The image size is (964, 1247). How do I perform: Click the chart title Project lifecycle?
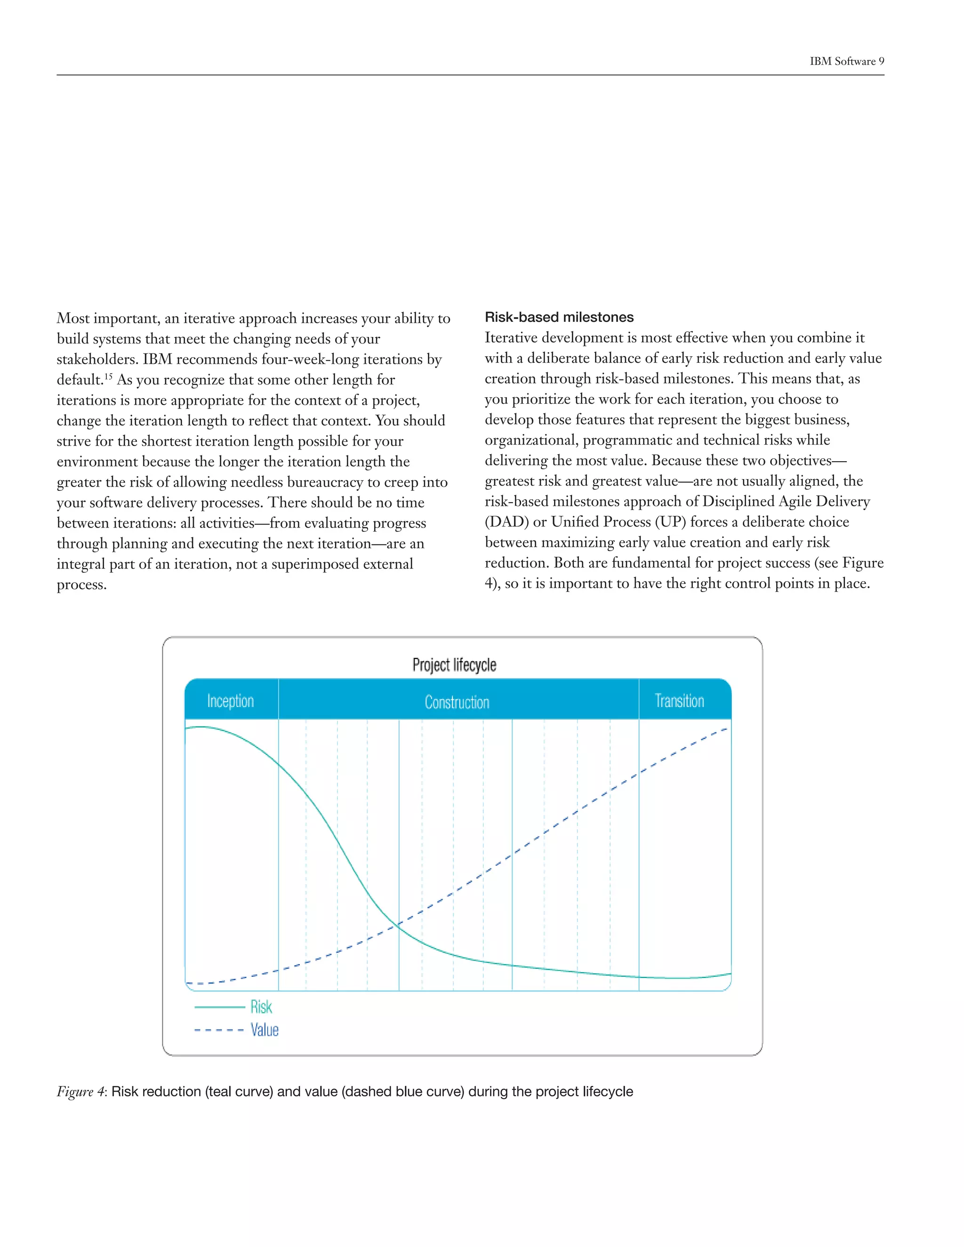point(454,664)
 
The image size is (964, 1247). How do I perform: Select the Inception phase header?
point(230,701)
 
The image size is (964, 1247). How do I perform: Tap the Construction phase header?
point(457,702)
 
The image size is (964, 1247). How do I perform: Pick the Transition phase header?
point(679,701)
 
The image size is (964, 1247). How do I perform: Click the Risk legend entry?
point(261,1007)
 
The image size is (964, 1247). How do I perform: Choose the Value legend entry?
point(265,1030)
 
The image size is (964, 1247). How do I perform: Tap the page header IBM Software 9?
point(846,61)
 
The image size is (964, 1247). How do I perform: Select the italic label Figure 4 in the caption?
point(80,1091)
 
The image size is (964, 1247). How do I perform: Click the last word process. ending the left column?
point(81,584)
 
